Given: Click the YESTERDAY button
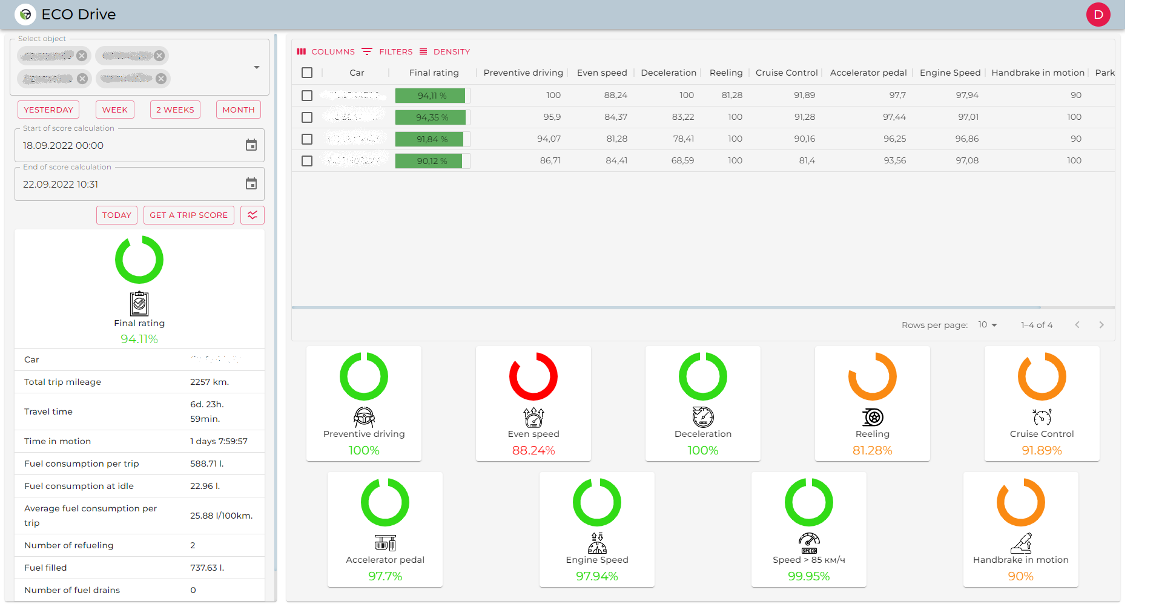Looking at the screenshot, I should (x=48, y=110).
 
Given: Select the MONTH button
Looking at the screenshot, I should (x=238, y=110).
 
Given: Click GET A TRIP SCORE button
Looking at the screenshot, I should (x=188, y=215).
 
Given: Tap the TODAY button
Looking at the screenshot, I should (x=117, y=215).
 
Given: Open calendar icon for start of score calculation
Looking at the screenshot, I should (x=251, y=145).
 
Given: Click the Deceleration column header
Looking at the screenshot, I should (x=668, y=73).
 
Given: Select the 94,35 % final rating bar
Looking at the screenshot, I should (x=432, y=117).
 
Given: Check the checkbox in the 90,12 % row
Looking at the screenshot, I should (x=307, y=161).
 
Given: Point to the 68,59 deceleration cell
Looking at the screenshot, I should (x=682, y=161).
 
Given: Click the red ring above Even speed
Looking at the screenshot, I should (x=533, y=376).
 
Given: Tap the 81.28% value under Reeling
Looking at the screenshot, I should (x=872, y=450).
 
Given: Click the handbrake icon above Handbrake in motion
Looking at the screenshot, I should (x=1020, y=543).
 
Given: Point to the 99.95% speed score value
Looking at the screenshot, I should (x=808, y=576).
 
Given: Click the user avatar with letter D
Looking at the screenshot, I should (x=1098, y=15).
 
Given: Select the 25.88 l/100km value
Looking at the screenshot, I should (x=221, y=516).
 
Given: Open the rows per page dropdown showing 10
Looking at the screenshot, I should (x=987, y=325).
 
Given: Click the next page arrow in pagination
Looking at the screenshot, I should (x=1101, y=325).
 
